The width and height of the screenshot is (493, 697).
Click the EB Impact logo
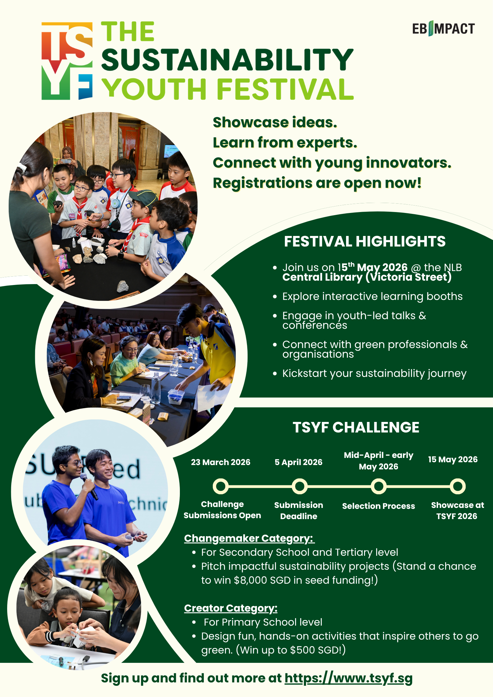(443, 29)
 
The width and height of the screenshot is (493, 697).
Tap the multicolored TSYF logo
(67, 61)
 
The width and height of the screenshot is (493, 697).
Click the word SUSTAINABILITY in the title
(227, 60)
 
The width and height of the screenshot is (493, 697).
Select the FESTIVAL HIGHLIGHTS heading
(365, 242)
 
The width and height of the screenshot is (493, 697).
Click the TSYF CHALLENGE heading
(356, 427)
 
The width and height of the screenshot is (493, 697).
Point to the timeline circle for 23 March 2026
(221, 486)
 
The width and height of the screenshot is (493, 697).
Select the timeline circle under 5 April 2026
(299, 486)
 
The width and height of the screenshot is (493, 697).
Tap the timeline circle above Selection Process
(379, 486)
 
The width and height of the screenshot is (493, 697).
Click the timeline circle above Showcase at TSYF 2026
(458, 486)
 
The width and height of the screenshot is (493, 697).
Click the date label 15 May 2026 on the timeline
(453, 459)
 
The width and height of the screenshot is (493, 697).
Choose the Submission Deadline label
(299, 511)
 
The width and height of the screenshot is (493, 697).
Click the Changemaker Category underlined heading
(249, 538)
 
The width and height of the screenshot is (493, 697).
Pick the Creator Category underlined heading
(231, 608)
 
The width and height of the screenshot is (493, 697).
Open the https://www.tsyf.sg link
(349, 678)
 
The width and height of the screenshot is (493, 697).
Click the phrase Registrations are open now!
(317, 183)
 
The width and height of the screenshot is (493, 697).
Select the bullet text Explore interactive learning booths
(372, 296)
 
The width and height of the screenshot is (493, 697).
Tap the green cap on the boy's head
(144, 197)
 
